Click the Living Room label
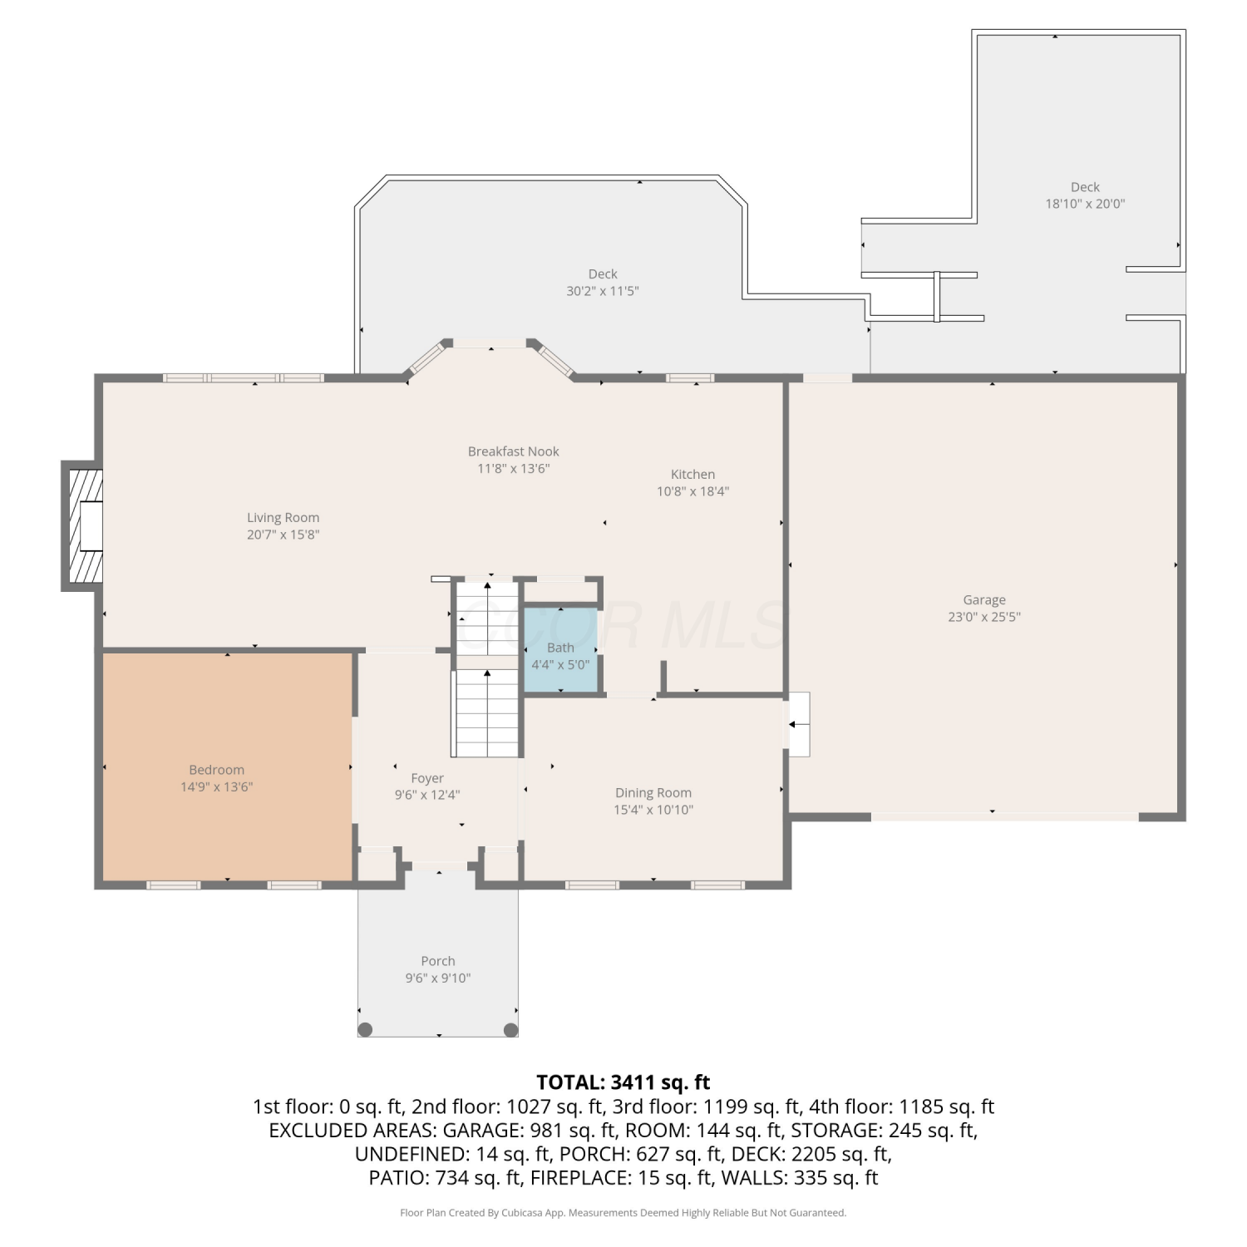283,517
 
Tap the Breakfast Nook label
513,451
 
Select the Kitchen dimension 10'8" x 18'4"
693,491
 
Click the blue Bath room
560,649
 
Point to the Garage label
984,600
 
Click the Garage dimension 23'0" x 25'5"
984,617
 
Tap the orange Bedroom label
216,770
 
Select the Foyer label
427,778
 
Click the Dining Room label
653,793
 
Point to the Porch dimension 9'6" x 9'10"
438,978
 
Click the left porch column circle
365,1030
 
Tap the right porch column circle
510,1030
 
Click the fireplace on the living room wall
82,525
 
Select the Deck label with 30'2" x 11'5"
603,274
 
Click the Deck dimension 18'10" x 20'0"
1085,204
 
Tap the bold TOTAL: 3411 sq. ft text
623,1082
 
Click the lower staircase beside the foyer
486,714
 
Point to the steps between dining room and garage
797,724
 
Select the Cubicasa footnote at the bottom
623,1213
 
